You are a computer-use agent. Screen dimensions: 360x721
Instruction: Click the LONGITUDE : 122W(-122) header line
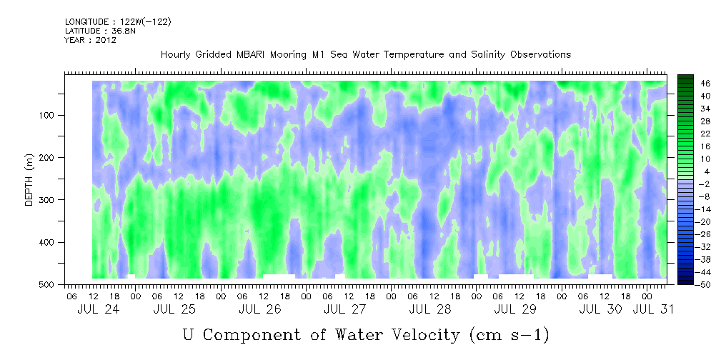(x=118, y=22)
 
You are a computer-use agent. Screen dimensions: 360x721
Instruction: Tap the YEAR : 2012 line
(x=90, y=40)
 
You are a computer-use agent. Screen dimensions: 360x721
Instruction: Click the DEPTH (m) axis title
(x=29, y=183)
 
